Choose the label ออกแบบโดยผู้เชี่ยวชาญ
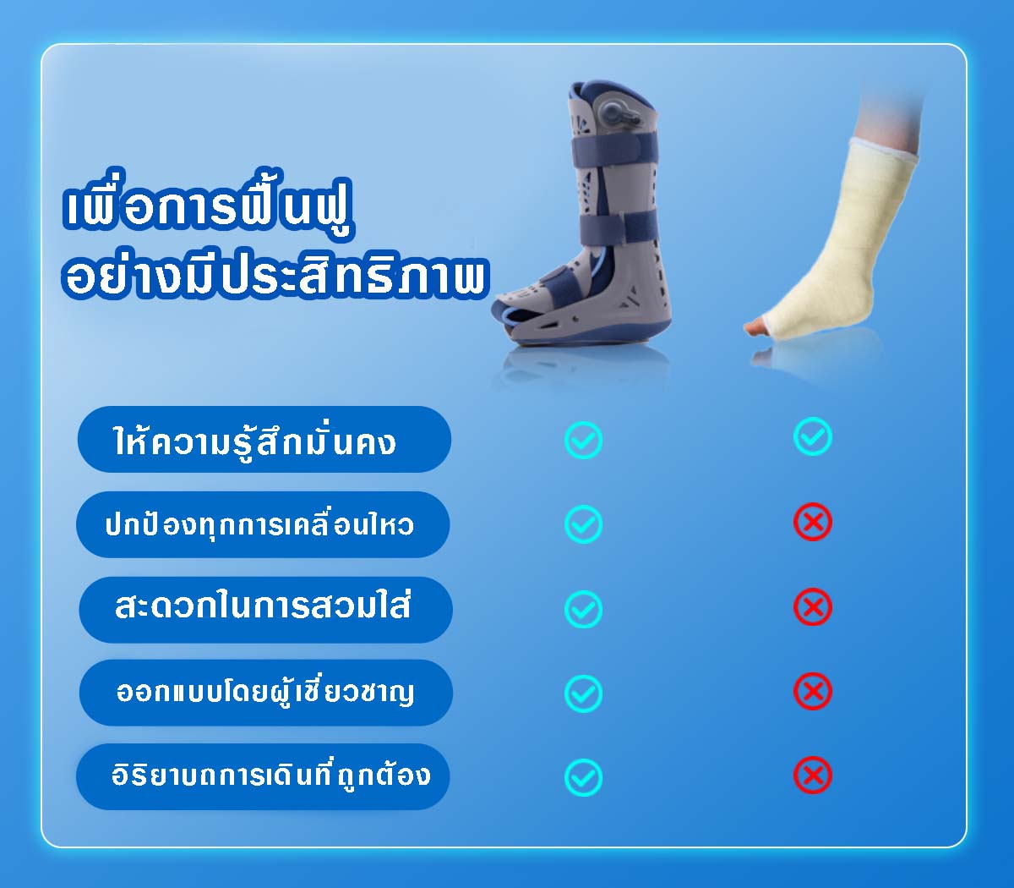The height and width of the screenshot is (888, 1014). click(x=265, y=693)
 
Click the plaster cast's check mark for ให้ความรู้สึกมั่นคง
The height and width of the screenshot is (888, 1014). click(x=812, y=437)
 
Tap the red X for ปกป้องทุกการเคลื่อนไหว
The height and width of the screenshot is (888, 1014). click(x=812, y=523)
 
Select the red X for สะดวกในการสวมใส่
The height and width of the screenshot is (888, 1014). click(x=812, y=607)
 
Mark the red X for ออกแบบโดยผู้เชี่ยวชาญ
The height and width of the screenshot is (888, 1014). click(x=812, y=692)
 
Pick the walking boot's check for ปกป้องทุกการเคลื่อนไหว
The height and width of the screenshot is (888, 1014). click(x=583, y=524)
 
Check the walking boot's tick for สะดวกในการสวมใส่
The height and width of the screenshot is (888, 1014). click(x=583, y=609)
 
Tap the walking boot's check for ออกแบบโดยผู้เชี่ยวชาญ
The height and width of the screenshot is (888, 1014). click(x=583, y=693)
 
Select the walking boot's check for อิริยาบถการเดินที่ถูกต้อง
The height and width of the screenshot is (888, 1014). click(x=583, y=777)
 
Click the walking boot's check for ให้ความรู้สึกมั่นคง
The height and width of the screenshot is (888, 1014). click(x=583, y=440)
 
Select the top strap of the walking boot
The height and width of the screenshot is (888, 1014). click(x=615, y=149)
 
